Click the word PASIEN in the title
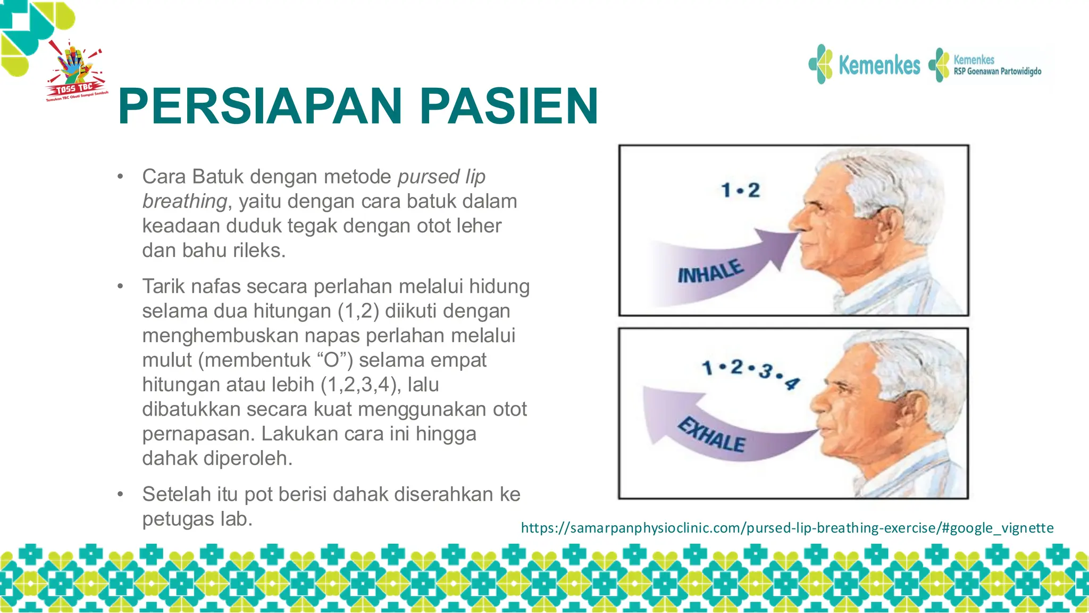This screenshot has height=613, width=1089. coord(509,106)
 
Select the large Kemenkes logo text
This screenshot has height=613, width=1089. coord(878,65)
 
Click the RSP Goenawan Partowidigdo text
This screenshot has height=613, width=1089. coord(997,71)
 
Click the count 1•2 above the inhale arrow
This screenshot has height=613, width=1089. coord(740,190)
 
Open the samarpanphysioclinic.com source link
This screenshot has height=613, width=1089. coord(787,528)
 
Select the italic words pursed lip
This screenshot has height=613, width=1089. coord(441,177)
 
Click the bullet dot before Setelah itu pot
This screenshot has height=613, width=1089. coord(121,494)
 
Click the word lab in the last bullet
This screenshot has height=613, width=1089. coord(236,519)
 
